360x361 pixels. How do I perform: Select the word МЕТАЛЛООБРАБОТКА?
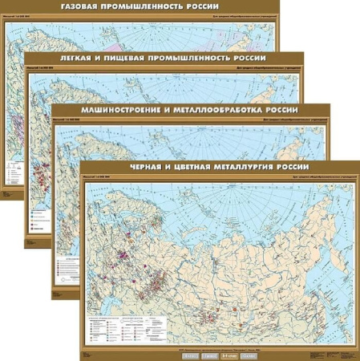point(224,110)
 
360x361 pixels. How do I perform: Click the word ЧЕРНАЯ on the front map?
point(152,167)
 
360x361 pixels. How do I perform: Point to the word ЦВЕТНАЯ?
point(198,167)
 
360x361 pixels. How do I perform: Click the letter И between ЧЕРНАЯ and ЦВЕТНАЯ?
point(176,167)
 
